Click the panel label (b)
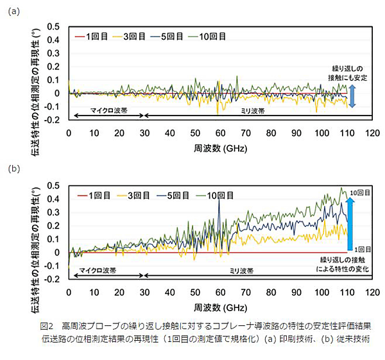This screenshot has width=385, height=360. [x=13, y=170]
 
